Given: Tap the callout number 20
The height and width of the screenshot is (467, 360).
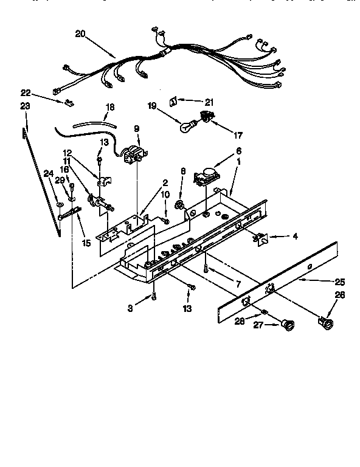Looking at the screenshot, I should tap(80, 34).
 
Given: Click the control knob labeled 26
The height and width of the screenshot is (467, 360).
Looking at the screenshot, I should tap(326, 323).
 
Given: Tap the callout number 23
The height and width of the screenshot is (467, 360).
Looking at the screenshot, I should tap(25, 105).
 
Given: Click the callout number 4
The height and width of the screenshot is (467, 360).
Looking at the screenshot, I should tap(295, 237).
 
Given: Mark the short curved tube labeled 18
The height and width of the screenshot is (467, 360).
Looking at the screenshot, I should tap(94, 123).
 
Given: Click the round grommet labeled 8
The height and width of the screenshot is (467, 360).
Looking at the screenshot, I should tap(180, 205).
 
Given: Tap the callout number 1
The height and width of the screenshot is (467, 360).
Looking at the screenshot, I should tap(238, 163).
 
